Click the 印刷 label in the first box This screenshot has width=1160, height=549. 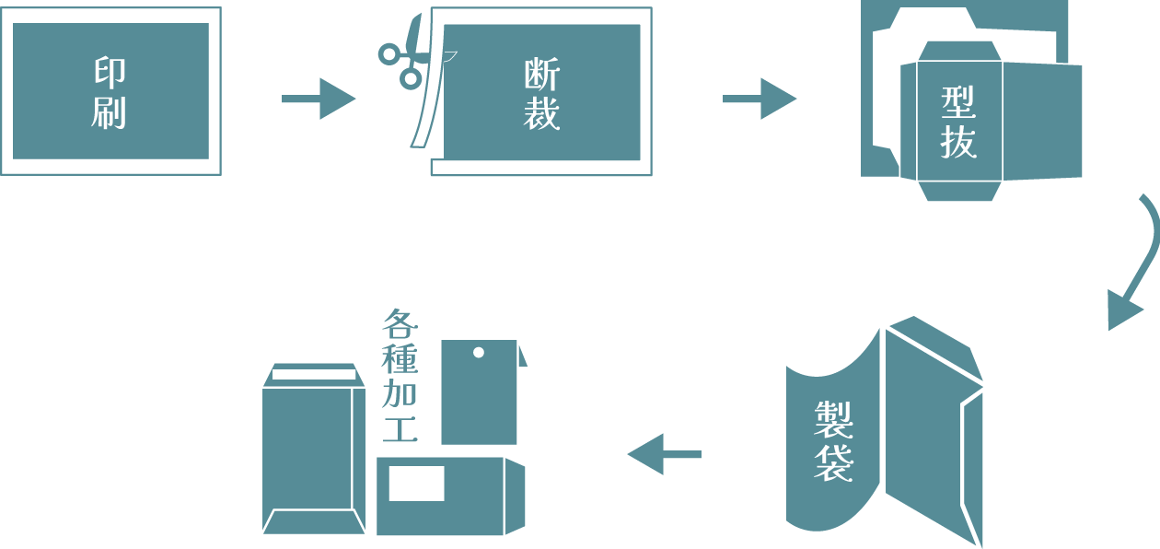109,92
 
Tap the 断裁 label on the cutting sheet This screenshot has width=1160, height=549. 541,95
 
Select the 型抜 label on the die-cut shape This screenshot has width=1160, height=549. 958,123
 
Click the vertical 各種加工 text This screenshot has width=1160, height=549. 400,376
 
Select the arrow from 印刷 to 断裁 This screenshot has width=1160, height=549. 319,99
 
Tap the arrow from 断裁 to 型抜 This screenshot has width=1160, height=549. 760,99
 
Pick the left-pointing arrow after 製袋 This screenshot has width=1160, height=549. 664,454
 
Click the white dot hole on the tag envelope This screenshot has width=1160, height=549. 479,352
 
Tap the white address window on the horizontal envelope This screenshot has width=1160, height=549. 416,484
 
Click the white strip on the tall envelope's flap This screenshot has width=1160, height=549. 314,374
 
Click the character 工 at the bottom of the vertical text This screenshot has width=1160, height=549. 400,430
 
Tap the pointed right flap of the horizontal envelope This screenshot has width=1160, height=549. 516,496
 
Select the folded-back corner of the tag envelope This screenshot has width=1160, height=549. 525,354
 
